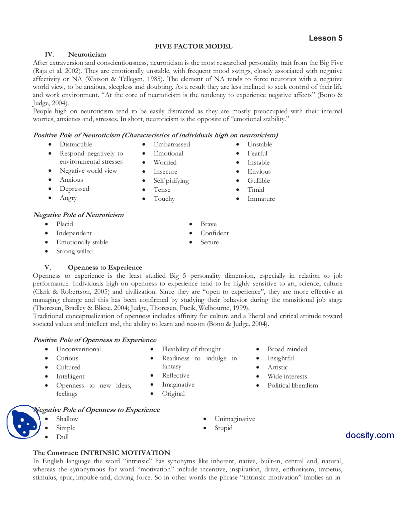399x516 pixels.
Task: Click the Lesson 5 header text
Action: click(x=325, y=38)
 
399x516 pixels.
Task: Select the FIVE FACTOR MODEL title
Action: click(x=194, y=46)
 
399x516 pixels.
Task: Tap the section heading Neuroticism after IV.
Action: click(x=87, y=55)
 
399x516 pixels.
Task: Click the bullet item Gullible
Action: click(x=258, y=180)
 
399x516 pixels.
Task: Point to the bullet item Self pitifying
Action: click(x=171, y=180)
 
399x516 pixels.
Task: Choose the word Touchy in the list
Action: click(x=164, y=199)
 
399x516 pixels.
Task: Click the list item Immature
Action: click(x=261, y=199)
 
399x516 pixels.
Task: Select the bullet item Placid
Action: click(x=65, y=224)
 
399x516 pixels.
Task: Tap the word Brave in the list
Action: click(x=209, y=224)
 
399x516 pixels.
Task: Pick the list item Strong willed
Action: click(x=74, y=251)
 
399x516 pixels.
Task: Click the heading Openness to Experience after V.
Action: click(x=105, y=267)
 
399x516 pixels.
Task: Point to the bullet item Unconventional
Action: click(x=79, y=349)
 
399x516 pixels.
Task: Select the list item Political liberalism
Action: click(x=293, y=385)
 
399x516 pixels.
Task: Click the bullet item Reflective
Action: click(x=175, y=375)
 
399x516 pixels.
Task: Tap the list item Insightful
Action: click(x=281, y=358)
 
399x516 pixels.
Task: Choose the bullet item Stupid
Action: click(x=223, y=428)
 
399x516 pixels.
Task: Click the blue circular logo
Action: click(x=23, y=422)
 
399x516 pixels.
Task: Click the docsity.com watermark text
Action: click(x=370, y=435)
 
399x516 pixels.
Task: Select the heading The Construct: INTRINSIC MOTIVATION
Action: click(x=102, y=453)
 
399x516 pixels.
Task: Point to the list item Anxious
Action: click(x=71, y=179)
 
